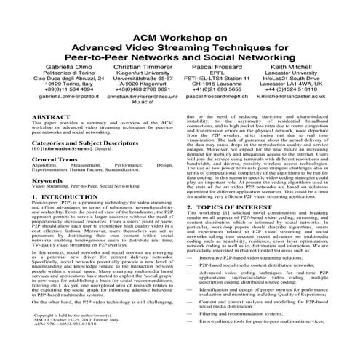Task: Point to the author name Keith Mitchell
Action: coord(308,65)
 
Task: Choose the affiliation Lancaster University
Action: coord(308,73)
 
